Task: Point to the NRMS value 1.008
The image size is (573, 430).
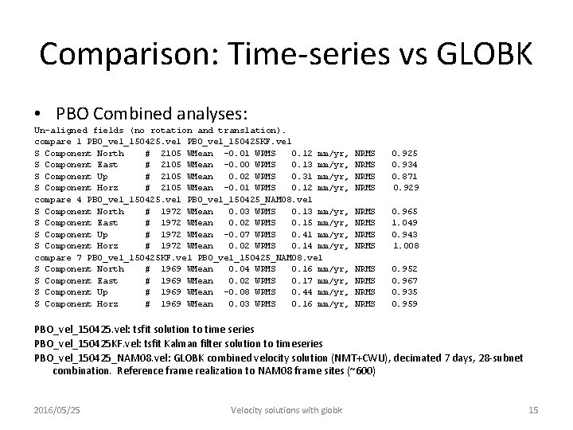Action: tap(407, 246)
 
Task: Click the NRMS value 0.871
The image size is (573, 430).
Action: tap(404, 176)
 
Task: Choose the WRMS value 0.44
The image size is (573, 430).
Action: tap(301, 292)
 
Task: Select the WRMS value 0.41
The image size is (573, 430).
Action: tap(301, 235)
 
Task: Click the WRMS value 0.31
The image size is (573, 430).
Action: tap(301, 176)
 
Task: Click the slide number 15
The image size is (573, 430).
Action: tap(533, 410)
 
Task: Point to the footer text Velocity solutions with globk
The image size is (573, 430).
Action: tap(286, 410)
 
